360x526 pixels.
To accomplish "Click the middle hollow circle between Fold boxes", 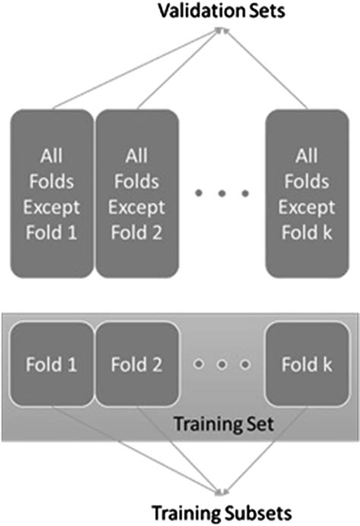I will tap(222, 365).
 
